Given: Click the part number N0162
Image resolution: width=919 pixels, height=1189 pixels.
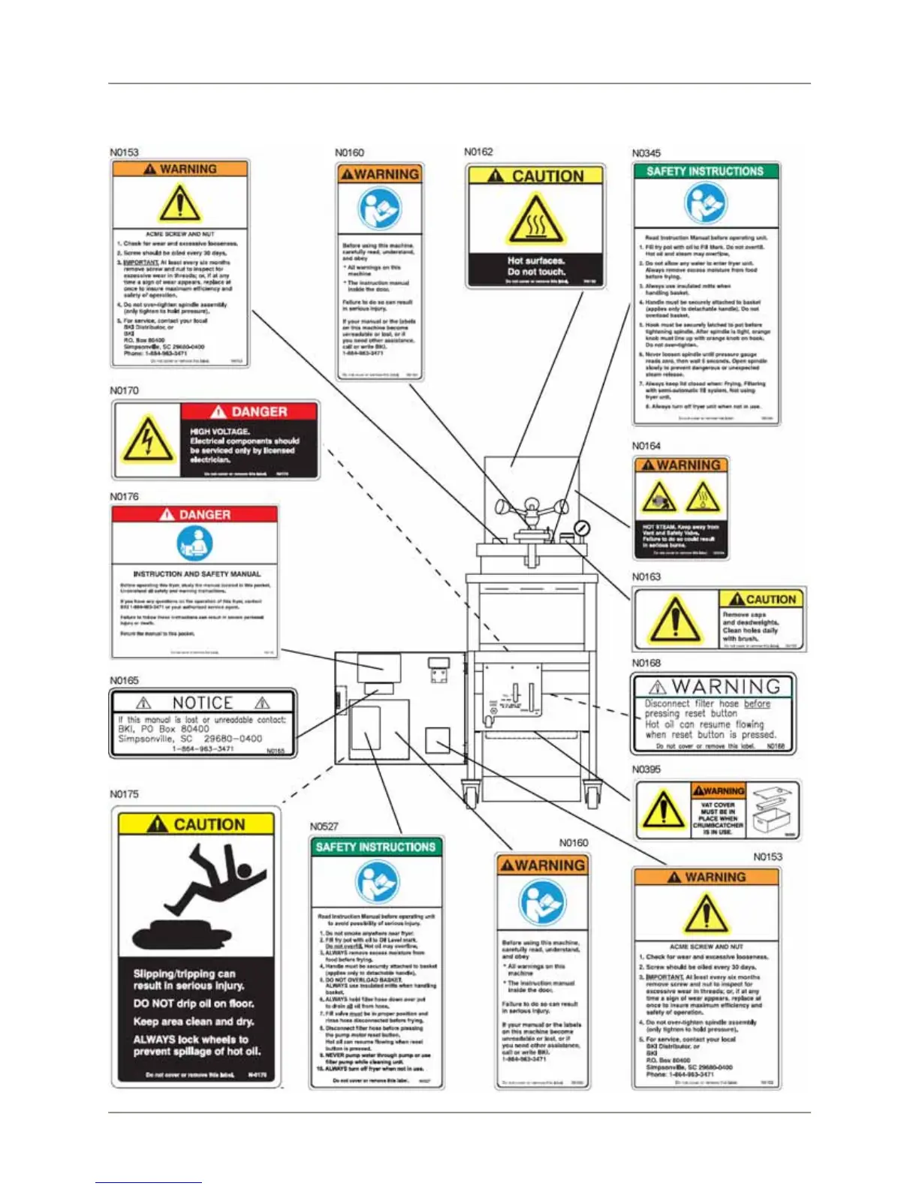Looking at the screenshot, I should coord(478,152).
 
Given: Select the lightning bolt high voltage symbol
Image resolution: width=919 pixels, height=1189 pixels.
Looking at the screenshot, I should coord(147,439).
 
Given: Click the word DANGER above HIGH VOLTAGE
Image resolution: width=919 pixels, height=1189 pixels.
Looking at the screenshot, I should coord(259,411).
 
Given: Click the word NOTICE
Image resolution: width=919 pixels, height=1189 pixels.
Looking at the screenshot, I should coord(203,703).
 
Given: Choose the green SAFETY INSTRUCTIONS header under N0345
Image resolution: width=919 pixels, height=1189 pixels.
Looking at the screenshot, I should coord(705,171).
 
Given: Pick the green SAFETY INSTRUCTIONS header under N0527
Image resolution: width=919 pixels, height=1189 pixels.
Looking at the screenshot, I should coord(375,847).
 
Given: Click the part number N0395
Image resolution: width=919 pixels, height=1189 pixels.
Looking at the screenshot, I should coord(646,769).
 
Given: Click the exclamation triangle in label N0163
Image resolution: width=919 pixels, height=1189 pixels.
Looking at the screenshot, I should coord(675,620).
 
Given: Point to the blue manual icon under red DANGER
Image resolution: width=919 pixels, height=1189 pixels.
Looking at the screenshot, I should coord(194,543).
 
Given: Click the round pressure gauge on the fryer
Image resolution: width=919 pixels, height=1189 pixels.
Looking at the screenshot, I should coord(581,528).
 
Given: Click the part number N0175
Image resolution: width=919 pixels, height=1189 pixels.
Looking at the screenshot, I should coord(124,794).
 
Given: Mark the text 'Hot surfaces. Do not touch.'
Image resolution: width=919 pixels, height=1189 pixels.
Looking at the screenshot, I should coord(535,266).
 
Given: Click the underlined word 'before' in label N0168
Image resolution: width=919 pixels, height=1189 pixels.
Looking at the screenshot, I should coord(757,704).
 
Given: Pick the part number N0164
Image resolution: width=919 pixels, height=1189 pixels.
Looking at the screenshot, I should coord(646,446).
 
